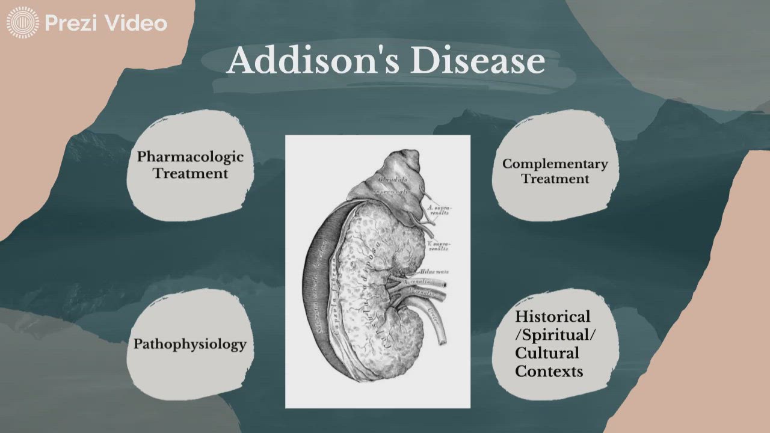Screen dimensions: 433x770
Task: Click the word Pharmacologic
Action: (190, 157)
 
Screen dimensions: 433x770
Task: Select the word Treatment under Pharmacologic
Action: (190, 173)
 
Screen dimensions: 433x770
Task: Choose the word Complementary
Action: (555, 164)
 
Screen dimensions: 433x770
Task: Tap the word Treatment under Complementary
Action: (555, 179)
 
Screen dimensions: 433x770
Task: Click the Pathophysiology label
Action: (189, 344)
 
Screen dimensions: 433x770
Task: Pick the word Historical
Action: (552, 316)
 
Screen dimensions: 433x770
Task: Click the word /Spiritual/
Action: (555, 334)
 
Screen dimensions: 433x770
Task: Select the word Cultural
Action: (547, 352)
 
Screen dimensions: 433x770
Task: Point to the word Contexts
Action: (549, 371)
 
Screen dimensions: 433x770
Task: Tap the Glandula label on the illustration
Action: (393, 179)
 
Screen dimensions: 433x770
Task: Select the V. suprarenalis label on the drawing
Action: (437, 245)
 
